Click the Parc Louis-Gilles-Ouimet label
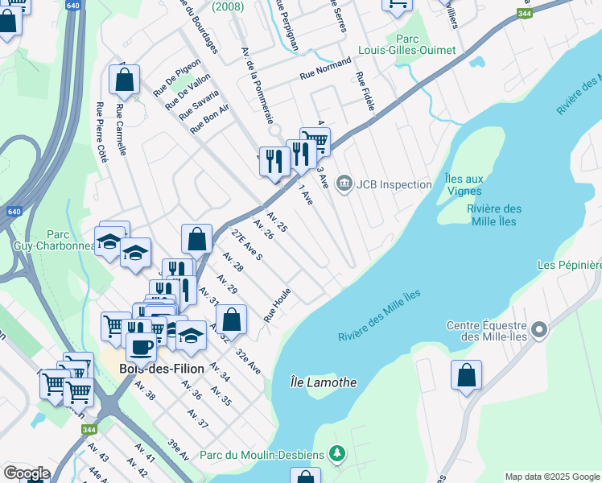click(x=425, y=44)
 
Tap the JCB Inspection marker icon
click(x=344, y=184)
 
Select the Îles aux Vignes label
click(x=464, y=184)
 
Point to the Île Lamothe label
click(x=323, y=382)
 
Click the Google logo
click(x=27, y=473)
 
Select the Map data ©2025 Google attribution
click(x=552, y=477)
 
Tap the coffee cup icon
click(x=142, y=346)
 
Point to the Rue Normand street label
click(x=325, y=68)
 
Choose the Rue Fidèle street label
click(x=365, y=93)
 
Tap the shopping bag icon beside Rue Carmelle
click(x=125, y=80)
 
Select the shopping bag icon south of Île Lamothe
click(x=466, y=374)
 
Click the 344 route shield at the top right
click(x=525, y=14)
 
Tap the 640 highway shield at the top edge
click(x=74, y=6)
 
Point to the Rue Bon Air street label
click(x=210, y=118)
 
